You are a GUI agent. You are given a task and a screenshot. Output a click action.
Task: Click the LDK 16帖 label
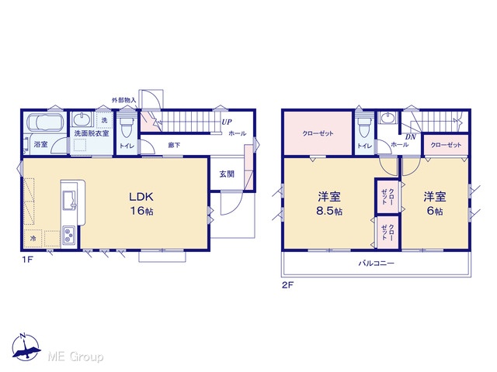[141, 203]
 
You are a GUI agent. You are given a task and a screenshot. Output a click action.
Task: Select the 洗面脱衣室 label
[92, 133]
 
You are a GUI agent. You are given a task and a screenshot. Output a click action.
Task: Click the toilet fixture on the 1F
[127, 126]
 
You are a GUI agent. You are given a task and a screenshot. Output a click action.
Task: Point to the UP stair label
[227, 122]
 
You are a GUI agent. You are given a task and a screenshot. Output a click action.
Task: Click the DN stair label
[411, 137]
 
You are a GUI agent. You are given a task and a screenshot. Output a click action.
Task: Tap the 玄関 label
[227, 174]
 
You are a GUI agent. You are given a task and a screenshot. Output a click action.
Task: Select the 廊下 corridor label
[174, 145]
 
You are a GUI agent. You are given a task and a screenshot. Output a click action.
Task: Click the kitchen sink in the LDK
[70, 200]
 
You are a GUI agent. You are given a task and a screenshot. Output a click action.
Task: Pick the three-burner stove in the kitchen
[69, 235]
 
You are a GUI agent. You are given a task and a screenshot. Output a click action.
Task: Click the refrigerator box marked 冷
[33, 239]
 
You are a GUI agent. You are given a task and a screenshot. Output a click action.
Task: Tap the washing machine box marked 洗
[104, 120]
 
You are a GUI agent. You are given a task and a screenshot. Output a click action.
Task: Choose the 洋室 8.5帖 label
[329, 203]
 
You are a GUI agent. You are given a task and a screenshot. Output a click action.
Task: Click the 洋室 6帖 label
[435, 203]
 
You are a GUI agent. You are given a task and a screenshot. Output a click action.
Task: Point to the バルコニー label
[376, 263]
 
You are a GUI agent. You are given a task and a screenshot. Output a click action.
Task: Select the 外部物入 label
[124, 100]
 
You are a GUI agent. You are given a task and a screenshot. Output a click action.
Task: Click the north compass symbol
[26, 347]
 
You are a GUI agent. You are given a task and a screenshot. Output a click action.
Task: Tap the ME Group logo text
[75, 356]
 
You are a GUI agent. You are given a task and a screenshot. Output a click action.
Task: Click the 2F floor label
[288, 285]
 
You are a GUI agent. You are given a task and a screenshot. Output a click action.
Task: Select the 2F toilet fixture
[364, 126]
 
